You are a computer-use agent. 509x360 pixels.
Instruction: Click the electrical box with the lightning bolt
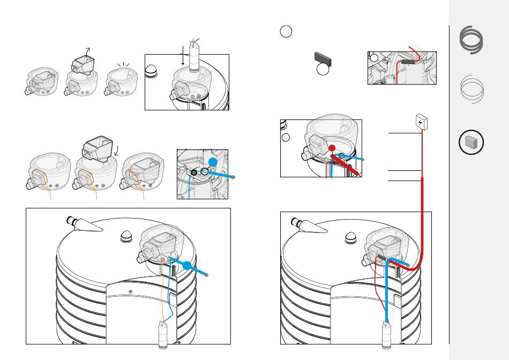point(422,122)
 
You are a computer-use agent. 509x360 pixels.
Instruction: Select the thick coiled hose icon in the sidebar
point(471,41)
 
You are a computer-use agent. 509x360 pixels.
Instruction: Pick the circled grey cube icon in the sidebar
point(471,143)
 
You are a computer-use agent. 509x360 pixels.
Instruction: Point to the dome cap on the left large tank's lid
point(128,236)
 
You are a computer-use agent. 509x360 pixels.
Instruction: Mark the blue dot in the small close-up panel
point(213,162)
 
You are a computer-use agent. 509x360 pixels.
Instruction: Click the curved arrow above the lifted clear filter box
point(89,50)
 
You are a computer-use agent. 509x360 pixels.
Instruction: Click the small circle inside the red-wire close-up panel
point(375,58)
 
